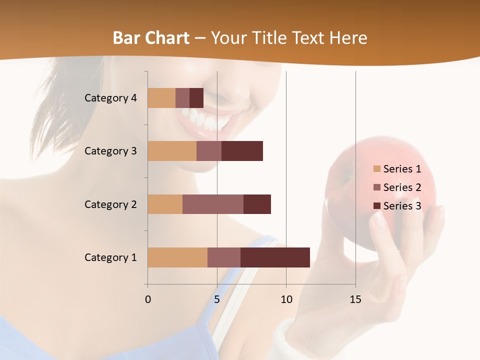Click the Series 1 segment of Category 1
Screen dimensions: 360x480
(177, 257)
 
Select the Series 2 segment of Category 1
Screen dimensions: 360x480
(224, 257)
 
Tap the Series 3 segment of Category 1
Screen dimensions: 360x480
(275, 257)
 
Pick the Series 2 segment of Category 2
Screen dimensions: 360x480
(213, 204)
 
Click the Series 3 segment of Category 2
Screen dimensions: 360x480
(257, 204)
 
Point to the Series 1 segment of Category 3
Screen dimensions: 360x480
(172, 151)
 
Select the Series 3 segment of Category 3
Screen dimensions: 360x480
(242, 151)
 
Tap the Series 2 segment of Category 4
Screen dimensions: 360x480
(182, 98)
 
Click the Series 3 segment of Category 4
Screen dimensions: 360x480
(196, 98)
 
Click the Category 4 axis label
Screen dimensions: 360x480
(110, 98)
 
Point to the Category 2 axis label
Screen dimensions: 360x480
(110, 204)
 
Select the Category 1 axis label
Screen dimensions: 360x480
(110, 257)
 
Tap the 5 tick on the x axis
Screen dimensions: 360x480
(217, 299)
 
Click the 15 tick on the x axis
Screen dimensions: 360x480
(355, 299)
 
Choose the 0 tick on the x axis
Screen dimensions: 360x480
(148, 299)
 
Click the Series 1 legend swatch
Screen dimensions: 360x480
(376, 169)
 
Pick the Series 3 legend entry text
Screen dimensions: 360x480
(402, 205)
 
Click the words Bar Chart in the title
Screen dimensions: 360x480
(151, 38)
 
